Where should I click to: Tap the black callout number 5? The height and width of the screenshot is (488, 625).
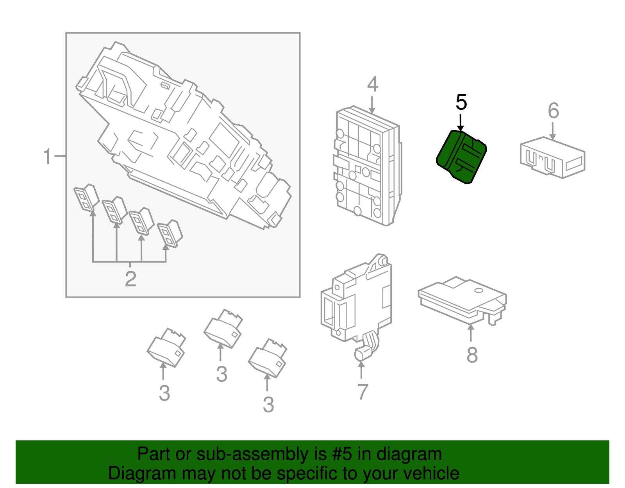(x=461, y=102)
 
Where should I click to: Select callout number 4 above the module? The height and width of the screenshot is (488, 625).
(x=373, y=84)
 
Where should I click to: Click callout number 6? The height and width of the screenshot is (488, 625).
(x=553, y=111)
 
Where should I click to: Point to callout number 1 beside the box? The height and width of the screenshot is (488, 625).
(x=47, y=157)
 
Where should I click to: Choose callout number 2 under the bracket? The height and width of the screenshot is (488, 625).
(x=130, y=279)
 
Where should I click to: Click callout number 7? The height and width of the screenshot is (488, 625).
(x=362, y=392)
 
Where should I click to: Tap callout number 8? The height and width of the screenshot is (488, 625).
(x=472, y=355)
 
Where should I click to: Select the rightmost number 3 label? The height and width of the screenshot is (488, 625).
(x=268, y=405)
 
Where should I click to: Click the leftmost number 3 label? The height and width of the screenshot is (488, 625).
(x=164, y=393)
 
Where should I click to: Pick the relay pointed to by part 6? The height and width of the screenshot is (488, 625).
(x=552, y=158)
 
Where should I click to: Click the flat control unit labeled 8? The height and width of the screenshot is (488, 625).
(x=461, y=299)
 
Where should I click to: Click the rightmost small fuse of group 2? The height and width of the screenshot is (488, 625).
(x=170, y=234)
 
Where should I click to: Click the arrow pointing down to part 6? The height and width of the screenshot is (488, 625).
(x=553, y=131)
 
